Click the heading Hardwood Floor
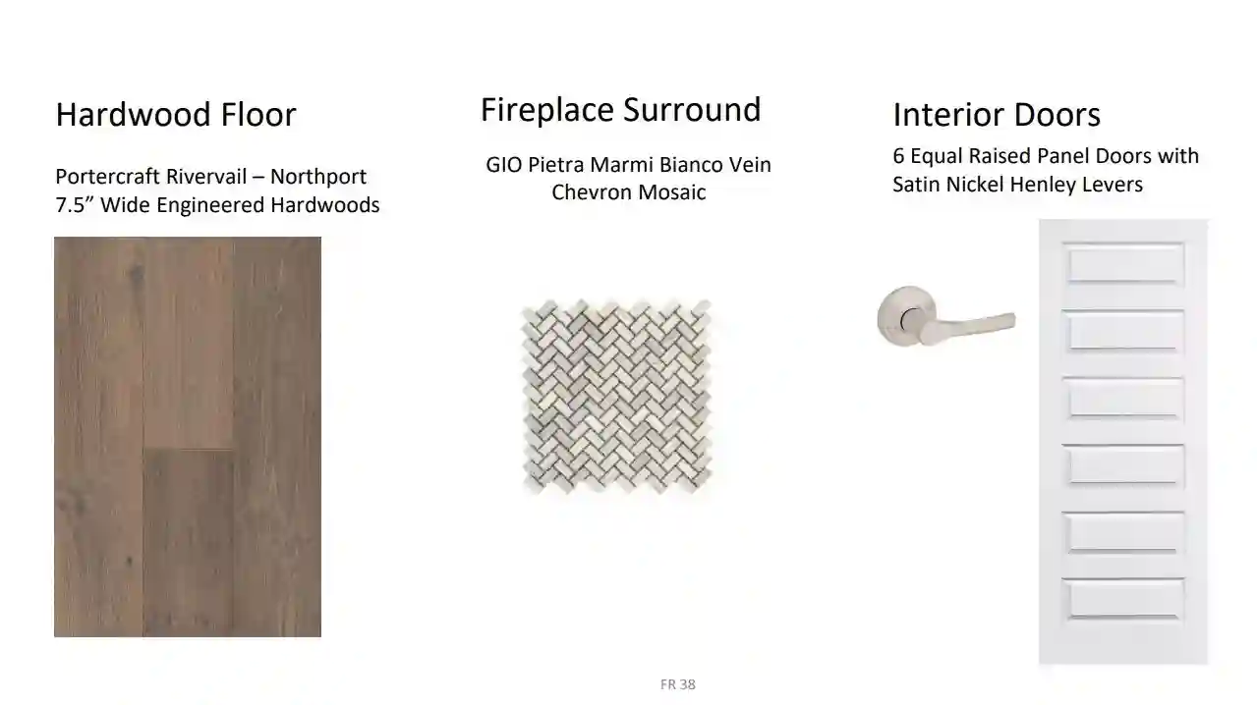[x=176, y=115]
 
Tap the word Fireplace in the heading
[x=547, y=111]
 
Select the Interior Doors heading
[x=997, y=115]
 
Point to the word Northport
[x=318, y=177]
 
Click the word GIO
[x=504, y=165]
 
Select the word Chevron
[x=592, y=192]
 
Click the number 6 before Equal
[x=898, y=156]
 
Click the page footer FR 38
[x=678, y=684]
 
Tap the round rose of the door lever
[x=905, y=316]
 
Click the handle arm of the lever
[x=970, y=327]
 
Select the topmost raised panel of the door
[x=1123, y=264]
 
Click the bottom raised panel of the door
[x=1123, y=600]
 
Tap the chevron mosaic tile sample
[x=617, y=397]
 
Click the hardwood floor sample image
[x=188, y=436]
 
